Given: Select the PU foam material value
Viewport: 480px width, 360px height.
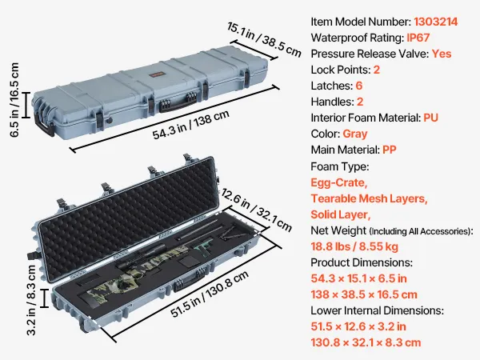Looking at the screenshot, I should click(431, 118).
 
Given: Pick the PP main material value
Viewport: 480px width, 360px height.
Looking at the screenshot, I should click(390, 150).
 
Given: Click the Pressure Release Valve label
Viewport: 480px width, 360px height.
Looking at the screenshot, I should click(369, 54).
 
